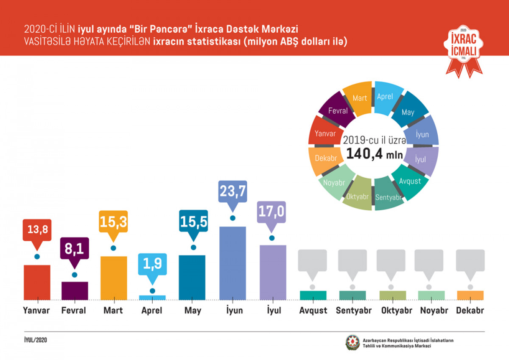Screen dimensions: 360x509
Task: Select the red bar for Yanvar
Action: click(x=37, y=282)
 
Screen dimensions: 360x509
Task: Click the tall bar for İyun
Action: click(x=232, y=263)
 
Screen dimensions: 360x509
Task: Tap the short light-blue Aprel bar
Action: click(x=152, y=297)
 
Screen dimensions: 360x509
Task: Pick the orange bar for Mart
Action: click(x=113, y=278)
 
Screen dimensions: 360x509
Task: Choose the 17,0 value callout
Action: click(x=271, y=212)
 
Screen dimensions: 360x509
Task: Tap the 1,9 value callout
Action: click(x=152, y=264)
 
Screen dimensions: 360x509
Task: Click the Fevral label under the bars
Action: click(x=73, y=310)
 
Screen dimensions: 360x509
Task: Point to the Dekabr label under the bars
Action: click(x=470, y=310)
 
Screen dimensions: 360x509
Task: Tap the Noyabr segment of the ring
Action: click(x=334, y=183)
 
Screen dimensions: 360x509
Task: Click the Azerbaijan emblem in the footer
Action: click(x=352, y=343)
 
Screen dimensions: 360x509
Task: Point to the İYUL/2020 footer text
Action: click(x=36, y=340)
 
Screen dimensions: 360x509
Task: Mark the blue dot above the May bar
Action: click(x=193, y=247)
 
